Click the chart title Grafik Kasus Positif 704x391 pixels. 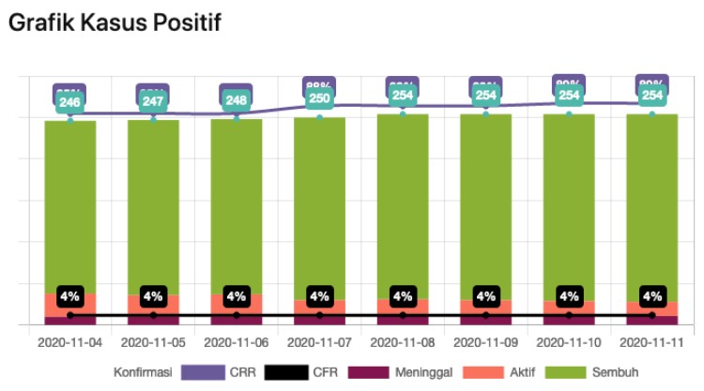(114, 23)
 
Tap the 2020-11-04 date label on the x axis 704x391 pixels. (70, 344)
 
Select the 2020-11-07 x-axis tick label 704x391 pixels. (319, 344)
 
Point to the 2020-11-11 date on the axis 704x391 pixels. (651, 344)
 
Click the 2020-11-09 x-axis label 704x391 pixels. (485, 344)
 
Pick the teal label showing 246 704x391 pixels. (70, 102)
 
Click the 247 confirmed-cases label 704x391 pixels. (153, 101)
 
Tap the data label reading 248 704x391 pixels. (236, 100)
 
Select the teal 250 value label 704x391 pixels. (319, 98)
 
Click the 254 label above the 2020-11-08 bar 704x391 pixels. (403, 96)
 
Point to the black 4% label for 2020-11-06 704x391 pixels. (236, 296)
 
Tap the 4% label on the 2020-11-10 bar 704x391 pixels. (569, 296)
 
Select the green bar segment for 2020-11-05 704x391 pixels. (153, 206)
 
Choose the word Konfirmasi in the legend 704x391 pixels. (142, 372)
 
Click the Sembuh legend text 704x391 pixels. (615, 372)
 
